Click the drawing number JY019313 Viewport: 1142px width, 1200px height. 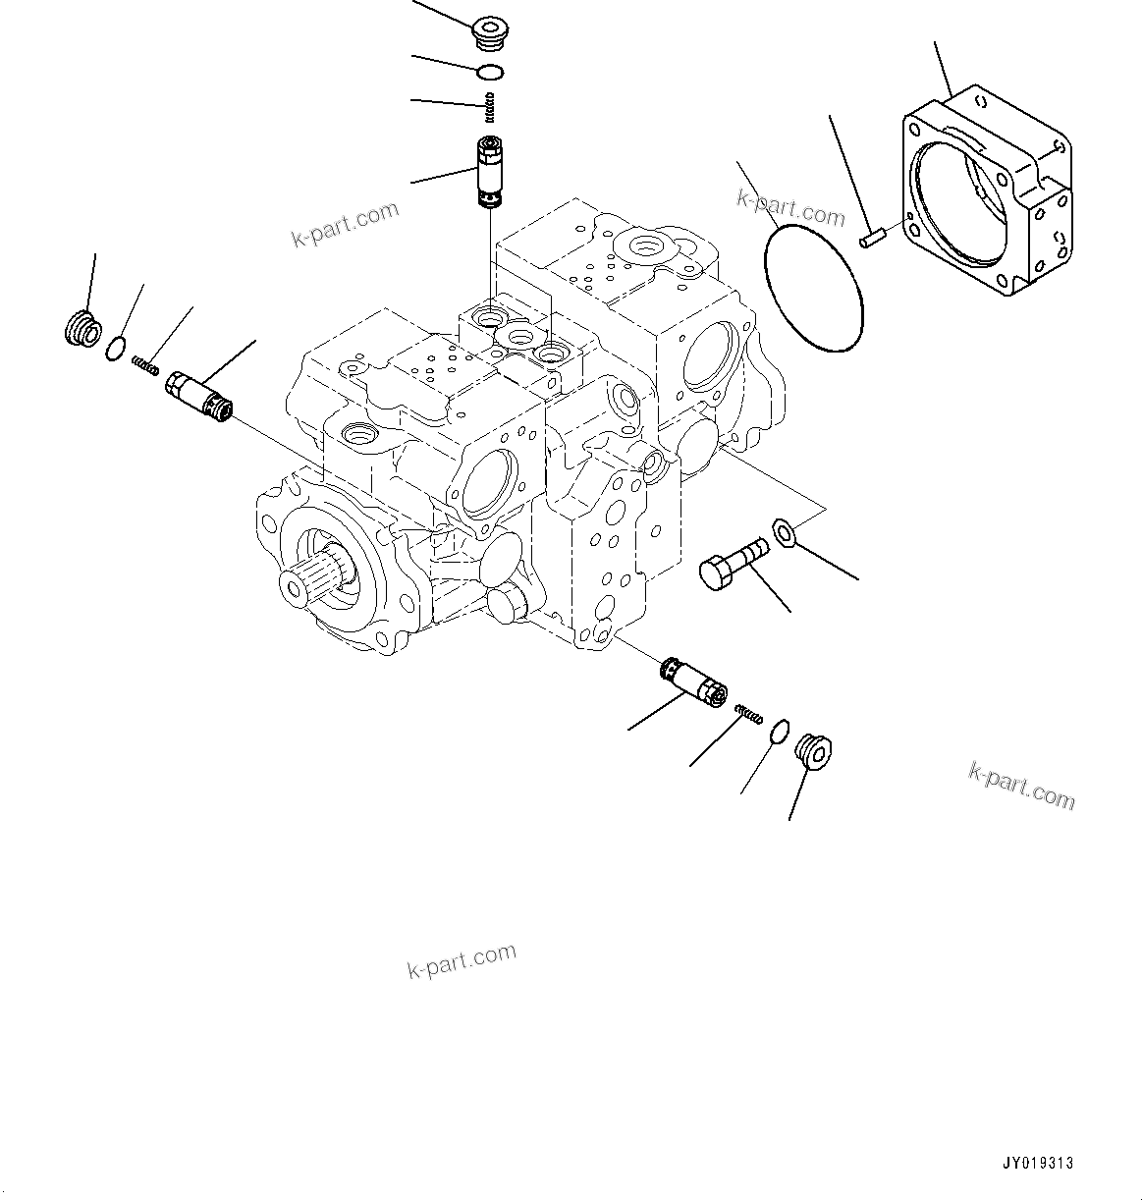(x=1037, y=1163)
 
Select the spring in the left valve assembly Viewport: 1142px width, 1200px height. (x=145, y=365)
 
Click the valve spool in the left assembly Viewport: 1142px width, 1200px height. (x=199, y=397)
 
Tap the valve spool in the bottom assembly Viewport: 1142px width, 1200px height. (x=694, y=682)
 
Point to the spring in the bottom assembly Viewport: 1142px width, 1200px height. (x=747, y=715)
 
